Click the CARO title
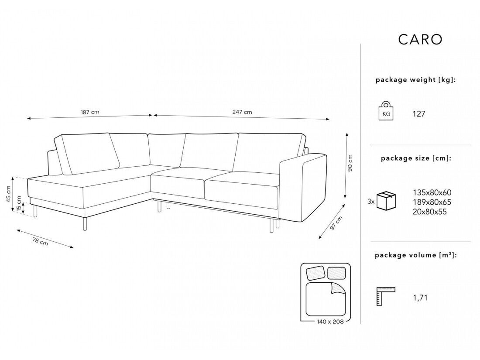tap(420, 39)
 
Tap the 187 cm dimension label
tap(90, 112)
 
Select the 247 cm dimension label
tap(243, 112)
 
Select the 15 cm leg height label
tap(19, 204)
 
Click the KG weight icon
tap(386, 112)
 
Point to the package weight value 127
tap(418, 114)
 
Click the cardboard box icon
tap(386, 201)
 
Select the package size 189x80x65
tap(432, 202)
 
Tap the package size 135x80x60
tap(432, 192)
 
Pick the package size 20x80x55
tap(430, 212)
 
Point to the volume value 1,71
tap(419, 298)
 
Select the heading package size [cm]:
tap(416, 159)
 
